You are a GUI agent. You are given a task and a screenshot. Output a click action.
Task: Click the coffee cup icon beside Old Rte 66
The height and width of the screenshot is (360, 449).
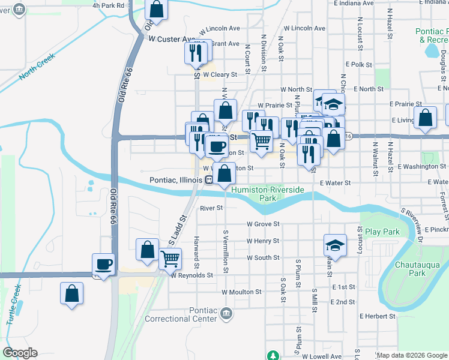[x=103, y=264]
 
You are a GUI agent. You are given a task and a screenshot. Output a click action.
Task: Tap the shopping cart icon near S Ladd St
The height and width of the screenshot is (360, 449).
[x=170, y=259]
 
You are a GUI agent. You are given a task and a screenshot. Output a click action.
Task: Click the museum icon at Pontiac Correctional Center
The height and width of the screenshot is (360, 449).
[x=226, y=313]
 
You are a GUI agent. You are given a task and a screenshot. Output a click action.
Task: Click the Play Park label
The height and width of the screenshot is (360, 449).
[x=382, y=232]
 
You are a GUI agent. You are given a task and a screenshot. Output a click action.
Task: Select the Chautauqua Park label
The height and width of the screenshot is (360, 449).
[x=418, y=269]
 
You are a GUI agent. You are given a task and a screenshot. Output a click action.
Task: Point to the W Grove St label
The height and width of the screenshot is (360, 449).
[x=263, y=224]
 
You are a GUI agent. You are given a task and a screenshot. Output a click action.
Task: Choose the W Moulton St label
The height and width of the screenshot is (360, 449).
[x=241, y=292]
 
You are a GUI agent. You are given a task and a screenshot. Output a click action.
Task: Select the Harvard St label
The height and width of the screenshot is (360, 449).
[x=196, y=251]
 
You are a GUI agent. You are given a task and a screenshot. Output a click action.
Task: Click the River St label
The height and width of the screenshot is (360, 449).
[x=211, y=208]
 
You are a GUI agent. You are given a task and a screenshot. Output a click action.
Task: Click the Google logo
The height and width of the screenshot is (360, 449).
[x=20, y=353]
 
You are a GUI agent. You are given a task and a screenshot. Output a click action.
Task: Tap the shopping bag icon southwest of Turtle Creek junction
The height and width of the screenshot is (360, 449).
[x=71, y=294]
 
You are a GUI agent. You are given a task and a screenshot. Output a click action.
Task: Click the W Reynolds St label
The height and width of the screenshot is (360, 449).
[x=191, y=275]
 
